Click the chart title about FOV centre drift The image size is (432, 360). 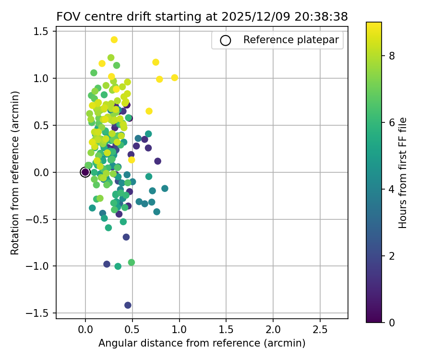pyautogui.click(x=202, y=16)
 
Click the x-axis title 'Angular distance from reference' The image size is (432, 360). pyautogui.click(x=202, y=343)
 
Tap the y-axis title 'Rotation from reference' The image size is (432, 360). pyautogui.click(x=15, y=173)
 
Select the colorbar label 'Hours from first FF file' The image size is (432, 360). pyautogui.click(x=403, y=173)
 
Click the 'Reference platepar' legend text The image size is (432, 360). pyautogui.click(x=293, y=40)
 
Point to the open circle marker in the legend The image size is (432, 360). pyautogui.click(x=226, y=40)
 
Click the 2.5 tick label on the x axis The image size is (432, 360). pyautogui.click(x=320, y=330)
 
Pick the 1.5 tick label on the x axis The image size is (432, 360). pyautogui.click(x=226, y=330)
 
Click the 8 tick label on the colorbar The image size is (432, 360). pyautogui.click(x=392, y=56)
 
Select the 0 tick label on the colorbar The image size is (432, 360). pyautogui.click(x=392, y=322)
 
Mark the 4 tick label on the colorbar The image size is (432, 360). pyautogui.click(x=392, y=189)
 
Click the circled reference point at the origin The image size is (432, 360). pyautogui.click(x=85, y=172)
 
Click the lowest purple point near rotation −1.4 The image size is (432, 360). pyautogui.click(x=128, y=305)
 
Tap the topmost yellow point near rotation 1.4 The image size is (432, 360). pyautogui.click(x=114, y=40)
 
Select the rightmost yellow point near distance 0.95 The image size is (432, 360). pyautogui.click(x=175, y=78)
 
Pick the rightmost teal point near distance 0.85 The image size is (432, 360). pyautogui.click(x=165, y=188)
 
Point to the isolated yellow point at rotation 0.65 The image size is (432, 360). pyautogui.click(x=149, y=111)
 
